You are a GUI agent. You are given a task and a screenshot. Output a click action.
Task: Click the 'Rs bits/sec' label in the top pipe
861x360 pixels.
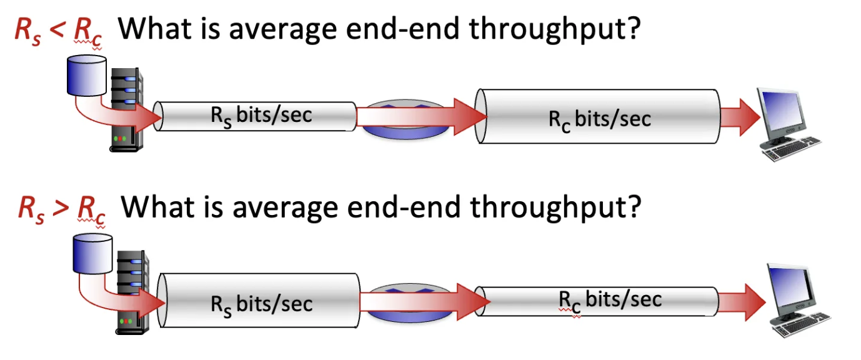click(x=261, y=116)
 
